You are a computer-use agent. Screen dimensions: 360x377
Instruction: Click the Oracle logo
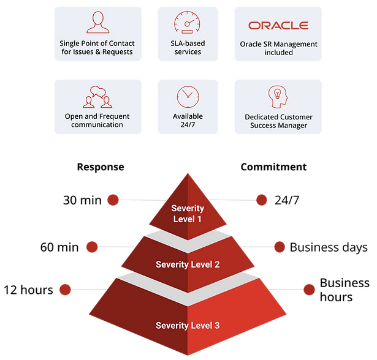click(x=278, y=26)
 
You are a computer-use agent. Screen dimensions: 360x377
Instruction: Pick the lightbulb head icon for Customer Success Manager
click(x=278, y=97)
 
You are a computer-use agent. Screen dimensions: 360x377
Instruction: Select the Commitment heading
click(x=274, y=167)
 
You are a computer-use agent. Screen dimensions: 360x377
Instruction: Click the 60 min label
click(x=59, y=247)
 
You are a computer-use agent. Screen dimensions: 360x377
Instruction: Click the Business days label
click(x=329, y=247)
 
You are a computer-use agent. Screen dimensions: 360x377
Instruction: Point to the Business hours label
click(x=345, y=290)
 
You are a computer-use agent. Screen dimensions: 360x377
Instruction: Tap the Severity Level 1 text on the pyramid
click(x=188, y=214)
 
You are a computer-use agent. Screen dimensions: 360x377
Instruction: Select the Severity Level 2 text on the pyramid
click(x=188, y=264)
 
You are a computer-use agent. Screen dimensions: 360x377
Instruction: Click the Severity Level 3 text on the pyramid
click(x=188, y=324)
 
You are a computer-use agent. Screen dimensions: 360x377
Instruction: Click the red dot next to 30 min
click(x=112, y=200)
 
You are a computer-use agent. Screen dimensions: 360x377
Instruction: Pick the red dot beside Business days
click(x=279, y=247)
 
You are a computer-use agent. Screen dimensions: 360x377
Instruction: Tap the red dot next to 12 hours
click(x=65, y=290)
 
